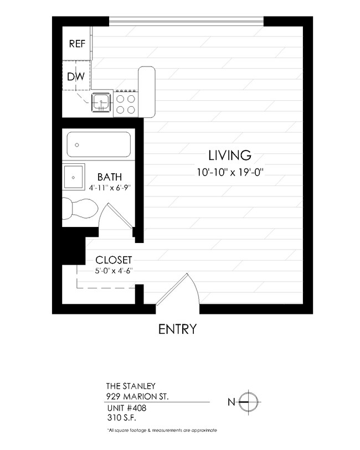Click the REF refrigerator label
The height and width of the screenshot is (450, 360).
76,44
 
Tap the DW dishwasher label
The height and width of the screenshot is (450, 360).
76,77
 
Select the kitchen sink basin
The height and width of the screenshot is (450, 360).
101,102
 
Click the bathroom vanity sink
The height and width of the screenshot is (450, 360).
73,177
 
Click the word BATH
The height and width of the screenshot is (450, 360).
110,178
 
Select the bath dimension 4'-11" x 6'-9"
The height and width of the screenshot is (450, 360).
110,188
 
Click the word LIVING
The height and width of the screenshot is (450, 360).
230,155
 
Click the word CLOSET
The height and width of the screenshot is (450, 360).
114,260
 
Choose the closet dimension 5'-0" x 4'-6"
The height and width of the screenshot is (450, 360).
114,271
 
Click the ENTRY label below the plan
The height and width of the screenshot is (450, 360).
177,329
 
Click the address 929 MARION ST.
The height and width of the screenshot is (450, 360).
137,396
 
